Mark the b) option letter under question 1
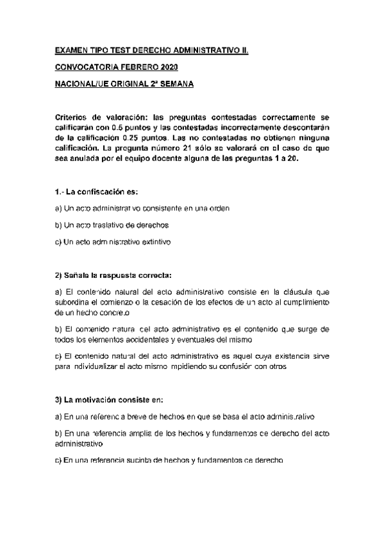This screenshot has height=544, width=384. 58,225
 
